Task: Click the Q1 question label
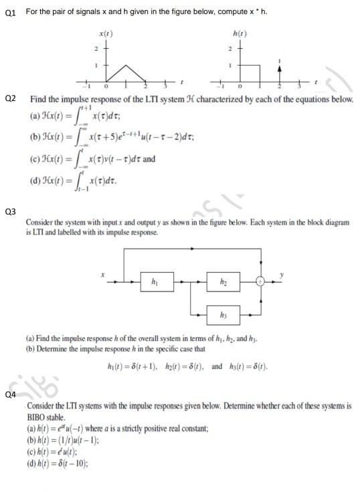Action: pos(10,11)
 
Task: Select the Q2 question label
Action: pos(10,99)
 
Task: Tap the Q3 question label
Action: pos(10,211)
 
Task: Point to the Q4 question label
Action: pos(10,394)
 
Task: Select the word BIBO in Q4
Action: pos(37,415)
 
